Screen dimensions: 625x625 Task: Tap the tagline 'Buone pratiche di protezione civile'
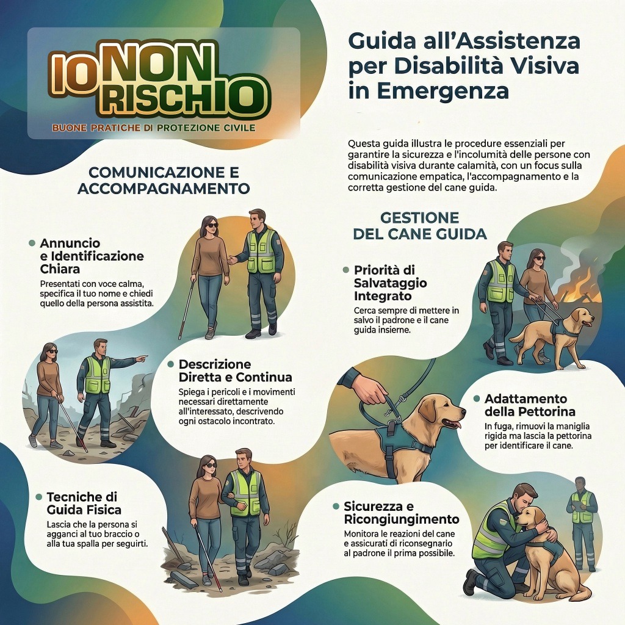pyautogui.click(x=154, y=128)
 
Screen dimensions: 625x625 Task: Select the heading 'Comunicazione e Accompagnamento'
pyautogui.click(x=164, y=180)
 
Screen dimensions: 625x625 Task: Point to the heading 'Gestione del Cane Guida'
pyautogui.click(x=420, y=226)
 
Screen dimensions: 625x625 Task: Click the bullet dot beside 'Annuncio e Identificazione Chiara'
pyautogui.click(x=32, y=243)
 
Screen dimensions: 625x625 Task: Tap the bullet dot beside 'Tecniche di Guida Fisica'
pyautogui.click(x=38, y=497)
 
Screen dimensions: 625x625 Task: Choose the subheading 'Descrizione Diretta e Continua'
pyautogui.click(x=235, y=370)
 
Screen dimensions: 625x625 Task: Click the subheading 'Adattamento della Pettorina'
pyautogui.click(x=530, y=405)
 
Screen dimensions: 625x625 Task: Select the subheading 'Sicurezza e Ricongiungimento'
pyautogui.click(x=402, y=513)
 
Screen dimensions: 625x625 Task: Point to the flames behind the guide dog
pyautogui.click(x=577, y=285)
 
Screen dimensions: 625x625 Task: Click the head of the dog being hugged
pyautogui.click(x=532, y=519)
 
